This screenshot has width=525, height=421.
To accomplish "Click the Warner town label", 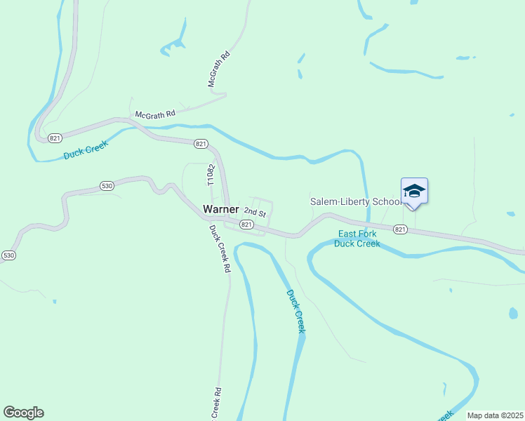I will coord(220,209).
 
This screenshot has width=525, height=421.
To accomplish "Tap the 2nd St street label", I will coord(255,213).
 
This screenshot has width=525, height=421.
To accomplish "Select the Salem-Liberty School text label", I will coord(355,201).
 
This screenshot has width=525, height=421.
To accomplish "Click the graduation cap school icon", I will coord(414,191).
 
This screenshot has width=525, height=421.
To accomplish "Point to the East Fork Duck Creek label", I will coord(357,239).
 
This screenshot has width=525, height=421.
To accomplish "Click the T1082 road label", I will coord(209,175).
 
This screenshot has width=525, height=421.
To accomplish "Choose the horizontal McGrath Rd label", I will coord(155,112).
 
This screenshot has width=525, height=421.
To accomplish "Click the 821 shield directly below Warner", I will coord(246,225).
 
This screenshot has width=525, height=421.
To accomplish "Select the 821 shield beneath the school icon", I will coord(400,229).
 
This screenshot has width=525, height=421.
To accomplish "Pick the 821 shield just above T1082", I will coord(201,144).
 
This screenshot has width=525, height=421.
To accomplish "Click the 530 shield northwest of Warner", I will coord(107,186).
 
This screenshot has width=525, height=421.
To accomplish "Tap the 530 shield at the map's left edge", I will coord(8,255).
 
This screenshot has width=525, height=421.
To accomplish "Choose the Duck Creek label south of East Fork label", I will coord(296,311).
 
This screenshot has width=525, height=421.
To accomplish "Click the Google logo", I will coord(23,412).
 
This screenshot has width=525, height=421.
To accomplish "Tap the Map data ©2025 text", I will coord(494,415).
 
